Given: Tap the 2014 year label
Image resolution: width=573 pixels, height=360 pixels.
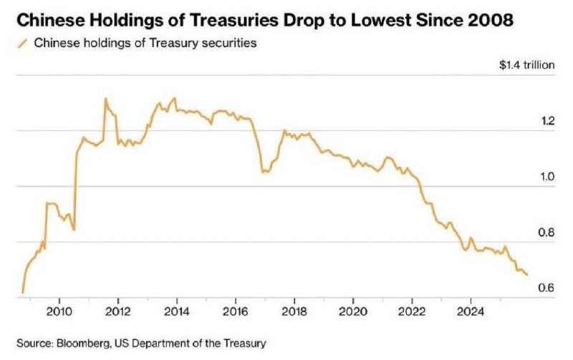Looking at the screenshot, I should (176, 311).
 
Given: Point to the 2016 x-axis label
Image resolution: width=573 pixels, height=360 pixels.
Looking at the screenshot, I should (235, 311).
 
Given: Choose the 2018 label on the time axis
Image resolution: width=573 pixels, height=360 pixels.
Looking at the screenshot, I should (294, 311).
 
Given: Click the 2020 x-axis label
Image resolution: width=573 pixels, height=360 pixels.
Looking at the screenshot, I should (352, 311).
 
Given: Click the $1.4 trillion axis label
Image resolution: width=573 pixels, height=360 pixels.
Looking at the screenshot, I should (527, 65).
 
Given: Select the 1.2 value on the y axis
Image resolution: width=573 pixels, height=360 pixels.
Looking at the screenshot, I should (548, 122).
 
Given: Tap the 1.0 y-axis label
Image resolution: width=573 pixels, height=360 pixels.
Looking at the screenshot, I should (548, 177).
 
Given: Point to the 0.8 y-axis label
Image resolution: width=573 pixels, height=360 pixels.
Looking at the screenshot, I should (548, 233).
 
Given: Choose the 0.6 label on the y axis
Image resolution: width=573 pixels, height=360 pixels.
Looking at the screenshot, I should (548, 288).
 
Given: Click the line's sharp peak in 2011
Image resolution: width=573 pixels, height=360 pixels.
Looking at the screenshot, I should (105, 99).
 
